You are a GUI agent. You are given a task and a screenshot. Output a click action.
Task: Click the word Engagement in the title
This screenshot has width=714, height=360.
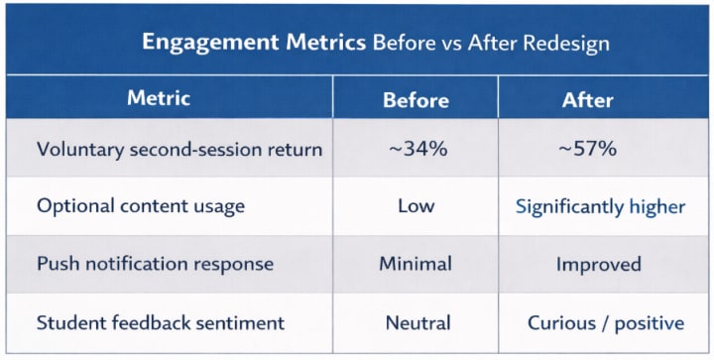click(210, 43)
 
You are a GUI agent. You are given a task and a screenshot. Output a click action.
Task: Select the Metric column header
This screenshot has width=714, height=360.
click(159, 98)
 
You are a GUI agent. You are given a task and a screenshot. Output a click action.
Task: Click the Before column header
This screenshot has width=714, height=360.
click(416, 100)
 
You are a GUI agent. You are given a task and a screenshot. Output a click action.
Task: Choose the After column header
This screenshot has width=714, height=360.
click(587, 100)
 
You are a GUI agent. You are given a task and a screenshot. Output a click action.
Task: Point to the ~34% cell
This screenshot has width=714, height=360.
click(418, 149)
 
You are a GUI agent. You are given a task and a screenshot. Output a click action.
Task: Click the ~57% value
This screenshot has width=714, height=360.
click(587, 149)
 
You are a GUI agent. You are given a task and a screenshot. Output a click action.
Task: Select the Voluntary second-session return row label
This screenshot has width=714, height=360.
click(179, 150)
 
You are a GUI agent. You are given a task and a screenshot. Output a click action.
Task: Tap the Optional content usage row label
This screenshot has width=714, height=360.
click(141, 206)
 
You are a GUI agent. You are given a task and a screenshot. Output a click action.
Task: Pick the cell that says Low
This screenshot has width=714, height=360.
click(416, 206)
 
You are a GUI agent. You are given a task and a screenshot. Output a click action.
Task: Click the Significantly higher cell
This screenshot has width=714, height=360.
click(600, 207)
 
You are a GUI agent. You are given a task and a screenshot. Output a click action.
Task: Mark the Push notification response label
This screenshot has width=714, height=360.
click(156, 264)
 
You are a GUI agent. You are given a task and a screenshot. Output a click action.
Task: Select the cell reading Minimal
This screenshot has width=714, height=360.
click(416, 264)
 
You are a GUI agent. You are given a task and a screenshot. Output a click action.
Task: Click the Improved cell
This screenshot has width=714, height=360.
click(598, 265)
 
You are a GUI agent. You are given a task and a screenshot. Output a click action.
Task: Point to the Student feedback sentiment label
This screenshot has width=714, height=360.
click(161, 322)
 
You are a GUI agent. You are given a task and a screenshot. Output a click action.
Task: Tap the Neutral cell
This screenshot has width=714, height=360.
click(418, 323)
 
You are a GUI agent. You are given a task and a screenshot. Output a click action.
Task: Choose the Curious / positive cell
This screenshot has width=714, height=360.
click(606, 323)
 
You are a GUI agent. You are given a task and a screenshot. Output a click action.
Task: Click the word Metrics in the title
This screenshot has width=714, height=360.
click(326, 43)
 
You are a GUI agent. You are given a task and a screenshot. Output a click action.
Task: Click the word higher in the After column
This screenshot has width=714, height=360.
click(657, 207)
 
